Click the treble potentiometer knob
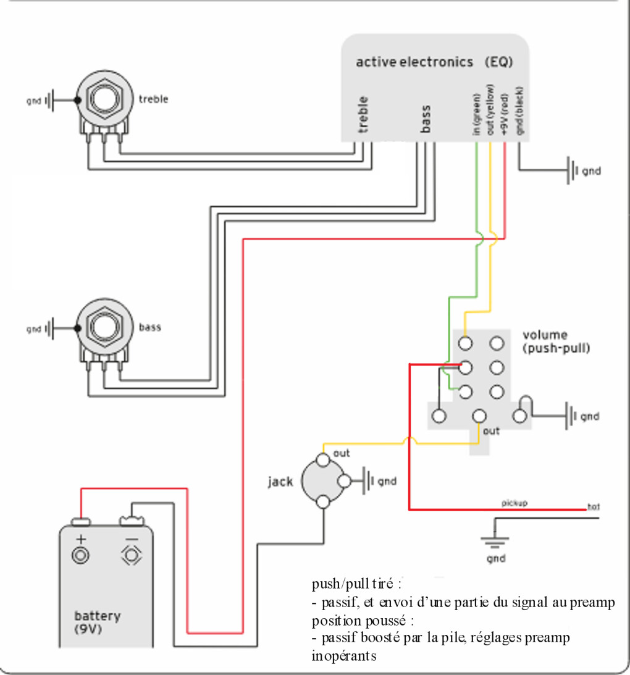pos(104,99)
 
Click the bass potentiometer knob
pos(104,327)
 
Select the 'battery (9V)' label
pos(98,623)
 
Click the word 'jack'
pos(280,481)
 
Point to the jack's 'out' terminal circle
pos(323,459)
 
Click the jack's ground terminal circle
pos(345,481)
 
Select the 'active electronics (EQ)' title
pos(434,62)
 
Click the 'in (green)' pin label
pos(476,114)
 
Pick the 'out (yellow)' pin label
pos(490,109)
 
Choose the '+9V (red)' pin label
pos(505,114)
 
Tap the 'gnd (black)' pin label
pos(519,111)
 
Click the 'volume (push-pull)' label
pos(556,342)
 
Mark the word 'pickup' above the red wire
pos(514,503)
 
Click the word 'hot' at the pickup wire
pos(594,506)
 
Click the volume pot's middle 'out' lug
pos(479,416)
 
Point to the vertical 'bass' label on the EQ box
pos(426,119)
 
